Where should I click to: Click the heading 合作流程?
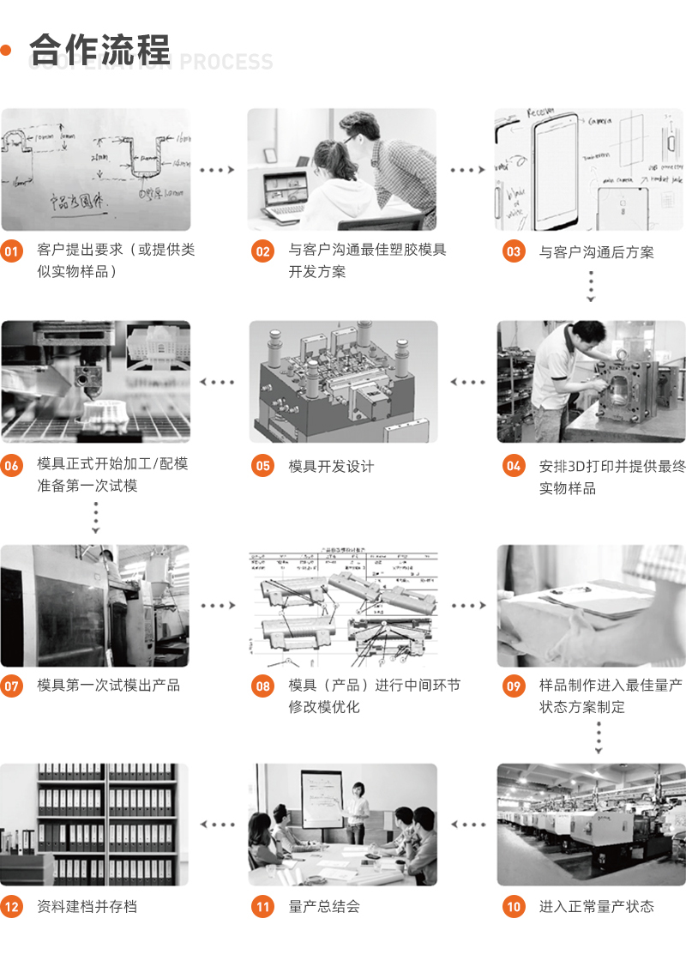pyautogui.click(x=99, y=49)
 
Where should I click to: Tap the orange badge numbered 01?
pyautogui.click(x=12, y=251)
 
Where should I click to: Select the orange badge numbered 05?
pyautogui.click(x=262, y=466)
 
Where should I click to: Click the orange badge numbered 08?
pyautogui.click(x=262, y=686)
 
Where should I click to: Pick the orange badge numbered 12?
pyautogui.click(x=12, y=906)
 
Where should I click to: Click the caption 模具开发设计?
pyautogui.click(x=331, y=466)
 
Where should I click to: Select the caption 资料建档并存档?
pyautogui.click(x=87, y=906)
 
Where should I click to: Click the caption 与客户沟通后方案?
pyautogui.click(x=596, y=251)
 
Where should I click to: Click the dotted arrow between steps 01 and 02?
pyautogui.click(x=217, y=170)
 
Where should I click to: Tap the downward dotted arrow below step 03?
pyautogui.click(x=591, y=287)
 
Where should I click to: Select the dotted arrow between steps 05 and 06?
pyautogui.click(x=217, y=382)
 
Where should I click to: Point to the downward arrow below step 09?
pyautogui.click(x=599, y=737)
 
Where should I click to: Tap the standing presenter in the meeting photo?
pyautogui.click(x=358, y=810)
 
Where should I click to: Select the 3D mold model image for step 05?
pyautogui.click(x=343, y=382)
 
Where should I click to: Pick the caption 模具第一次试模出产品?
pyautogui.click(x=109, y=686)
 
